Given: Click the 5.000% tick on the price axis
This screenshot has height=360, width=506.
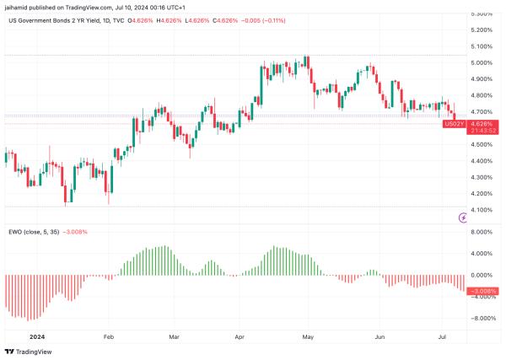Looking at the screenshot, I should [482, 62].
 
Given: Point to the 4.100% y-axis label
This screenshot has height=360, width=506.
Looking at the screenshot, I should [482, 210].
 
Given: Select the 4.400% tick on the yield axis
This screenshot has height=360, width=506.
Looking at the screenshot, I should [482, 161].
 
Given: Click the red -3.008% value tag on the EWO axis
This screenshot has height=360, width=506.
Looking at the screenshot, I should [482, 291].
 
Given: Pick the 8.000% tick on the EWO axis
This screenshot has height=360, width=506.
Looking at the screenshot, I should [482, 232].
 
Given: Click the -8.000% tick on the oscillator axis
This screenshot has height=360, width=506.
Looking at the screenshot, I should [482, 319].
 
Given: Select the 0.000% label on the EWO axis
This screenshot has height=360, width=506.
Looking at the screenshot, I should [482, 275].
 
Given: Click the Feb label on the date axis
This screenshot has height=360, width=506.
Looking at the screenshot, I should [109, 336].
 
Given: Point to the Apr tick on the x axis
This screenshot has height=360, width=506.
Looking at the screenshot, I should [239, 336].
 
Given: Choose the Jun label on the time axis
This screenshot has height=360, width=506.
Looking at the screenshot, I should [380, 336].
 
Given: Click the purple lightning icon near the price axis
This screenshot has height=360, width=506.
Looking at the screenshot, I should [463, 218].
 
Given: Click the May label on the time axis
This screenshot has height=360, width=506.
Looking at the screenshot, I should [308, 336].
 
